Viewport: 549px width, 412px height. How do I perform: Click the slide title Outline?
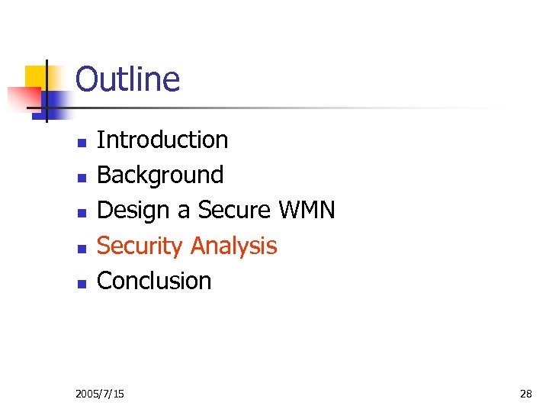127,79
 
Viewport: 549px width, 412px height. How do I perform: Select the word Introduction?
162,140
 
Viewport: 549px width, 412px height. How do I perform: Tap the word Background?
160,175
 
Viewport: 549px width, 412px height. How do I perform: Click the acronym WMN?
307,210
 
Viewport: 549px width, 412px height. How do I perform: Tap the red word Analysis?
233,246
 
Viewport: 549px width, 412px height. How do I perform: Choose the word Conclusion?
154,281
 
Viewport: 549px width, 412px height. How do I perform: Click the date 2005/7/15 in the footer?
101,394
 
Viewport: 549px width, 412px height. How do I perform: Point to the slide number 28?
525,394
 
